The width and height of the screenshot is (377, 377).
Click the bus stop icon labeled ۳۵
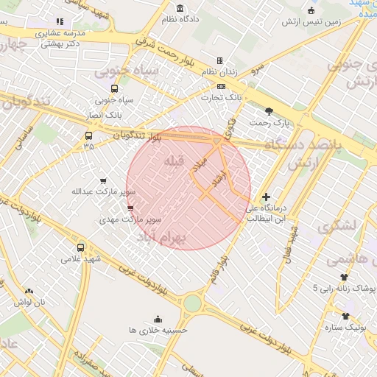(89, 135)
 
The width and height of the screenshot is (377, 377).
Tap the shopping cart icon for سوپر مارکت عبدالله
(103, 180)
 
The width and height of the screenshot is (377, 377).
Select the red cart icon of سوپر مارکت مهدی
(130, 208)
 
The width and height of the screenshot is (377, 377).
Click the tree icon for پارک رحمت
(269, 111)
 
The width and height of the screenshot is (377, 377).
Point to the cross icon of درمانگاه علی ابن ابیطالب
(266, 197)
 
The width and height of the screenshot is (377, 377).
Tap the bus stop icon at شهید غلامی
(80, 247)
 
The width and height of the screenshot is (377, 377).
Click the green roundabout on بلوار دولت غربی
(192, 302)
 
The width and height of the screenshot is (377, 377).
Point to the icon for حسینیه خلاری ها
(158, 319)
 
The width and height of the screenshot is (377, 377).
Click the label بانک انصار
(104, 116)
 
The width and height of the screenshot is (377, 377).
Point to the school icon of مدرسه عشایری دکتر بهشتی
(60, 22)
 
